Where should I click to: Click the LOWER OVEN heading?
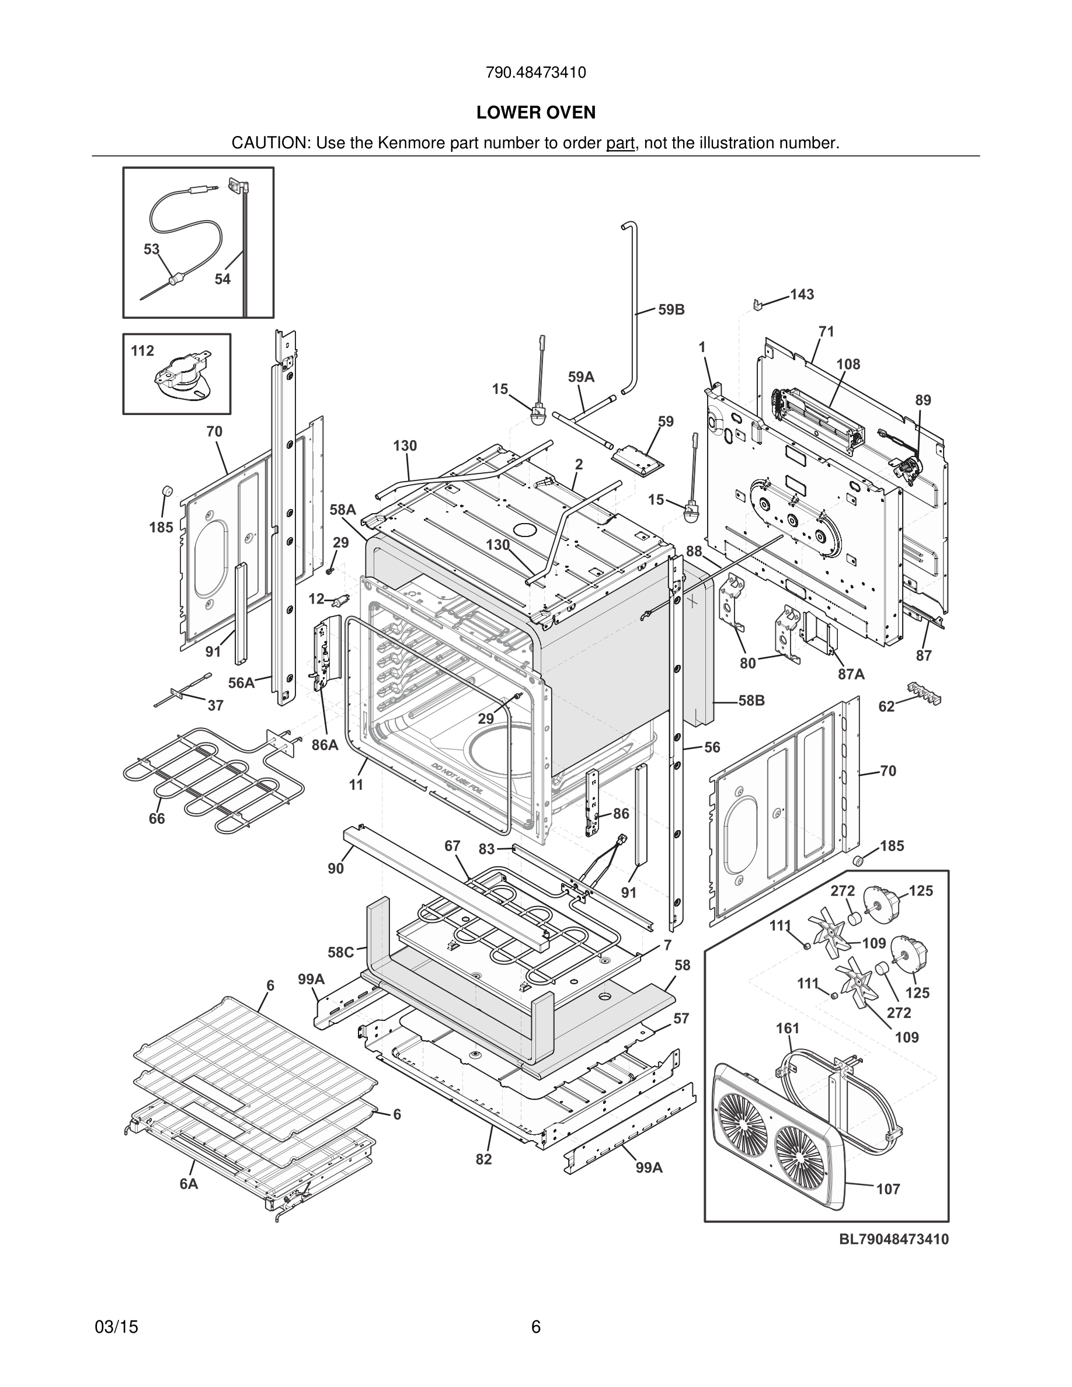tap(535, 113)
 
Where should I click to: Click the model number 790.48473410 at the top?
tap(535, 73)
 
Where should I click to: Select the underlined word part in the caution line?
tap(620, 144)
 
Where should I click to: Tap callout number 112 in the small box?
tap(142, 351)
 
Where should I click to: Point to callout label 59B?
tap(671, 310)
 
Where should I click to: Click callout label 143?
tap(802, 295)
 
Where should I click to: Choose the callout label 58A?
tap(343, 510)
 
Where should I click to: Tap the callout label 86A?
tap(325, 745)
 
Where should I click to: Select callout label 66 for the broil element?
tap(157, 818)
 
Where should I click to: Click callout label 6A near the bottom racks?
tap(189, 1184)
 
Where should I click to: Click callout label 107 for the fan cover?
tap(888, 1189)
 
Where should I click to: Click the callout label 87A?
tap(851, 674)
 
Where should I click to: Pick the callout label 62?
tap(886, 706)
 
